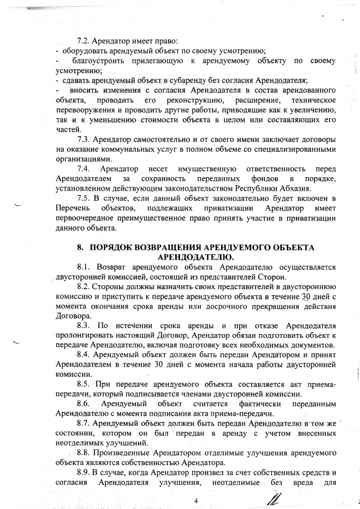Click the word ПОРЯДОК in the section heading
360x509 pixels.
click(x=116, y=247)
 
